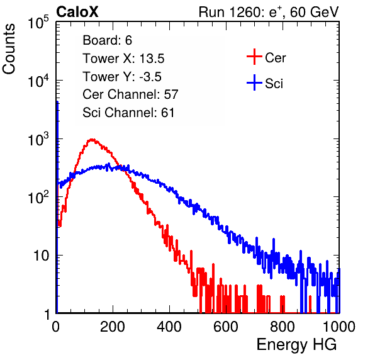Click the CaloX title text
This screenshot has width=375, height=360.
77,12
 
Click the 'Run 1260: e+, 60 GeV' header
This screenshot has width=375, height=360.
269,12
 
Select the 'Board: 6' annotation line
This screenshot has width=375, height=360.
107,40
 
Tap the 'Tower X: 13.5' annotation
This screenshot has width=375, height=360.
123,59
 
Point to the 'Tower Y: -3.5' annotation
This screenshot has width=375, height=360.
122,77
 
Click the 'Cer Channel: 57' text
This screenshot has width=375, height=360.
130,94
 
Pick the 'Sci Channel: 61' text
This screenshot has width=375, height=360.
128,113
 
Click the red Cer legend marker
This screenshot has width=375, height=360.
254,57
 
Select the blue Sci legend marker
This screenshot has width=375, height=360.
254,83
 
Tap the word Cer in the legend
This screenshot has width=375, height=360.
275,58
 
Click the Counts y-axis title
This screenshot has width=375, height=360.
9,49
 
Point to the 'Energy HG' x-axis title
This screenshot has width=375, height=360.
296,345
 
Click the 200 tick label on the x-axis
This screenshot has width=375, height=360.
113,327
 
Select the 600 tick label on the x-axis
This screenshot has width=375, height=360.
226,327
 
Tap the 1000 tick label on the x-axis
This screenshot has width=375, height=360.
339,327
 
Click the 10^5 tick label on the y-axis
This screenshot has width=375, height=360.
38,23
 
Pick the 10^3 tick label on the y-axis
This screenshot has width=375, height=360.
38,139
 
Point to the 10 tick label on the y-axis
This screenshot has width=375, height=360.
41,256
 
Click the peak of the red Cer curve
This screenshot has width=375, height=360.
92,139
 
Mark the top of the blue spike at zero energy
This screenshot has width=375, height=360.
57,102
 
